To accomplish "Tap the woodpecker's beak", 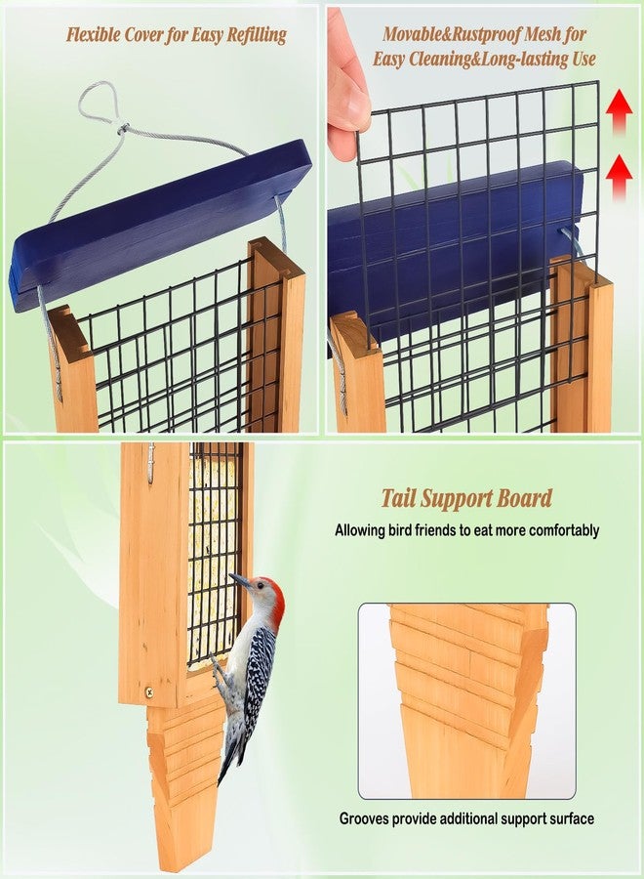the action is [x=239, y=581].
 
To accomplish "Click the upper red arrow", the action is [x=619, y=111].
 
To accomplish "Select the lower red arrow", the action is [x=619, y=177].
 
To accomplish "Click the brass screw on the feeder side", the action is [x=149, y=691].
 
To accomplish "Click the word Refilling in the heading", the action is [x=256, y=35].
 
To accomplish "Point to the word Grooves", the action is [x=364, y=819].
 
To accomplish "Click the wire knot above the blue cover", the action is [x=123, y=129].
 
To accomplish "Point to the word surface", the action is [x=572, y=819].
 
